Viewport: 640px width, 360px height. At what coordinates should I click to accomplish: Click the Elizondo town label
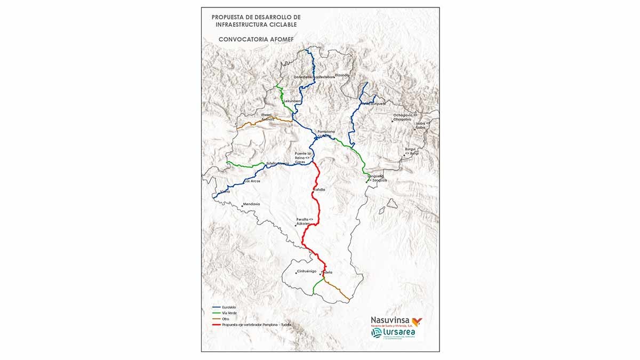pos(342,75)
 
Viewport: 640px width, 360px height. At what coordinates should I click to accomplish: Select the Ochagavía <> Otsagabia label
pos(405,117)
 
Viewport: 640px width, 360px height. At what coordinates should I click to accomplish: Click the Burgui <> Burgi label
pos(411,151)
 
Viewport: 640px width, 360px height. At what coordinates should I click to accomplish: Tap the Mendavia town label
pos(251,204)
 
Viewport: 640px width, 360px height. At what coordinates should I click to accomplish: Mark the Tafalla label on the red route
pos(318,189)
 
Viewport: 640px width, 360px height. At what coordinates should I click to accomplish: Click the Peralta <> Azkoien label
pos(307,221)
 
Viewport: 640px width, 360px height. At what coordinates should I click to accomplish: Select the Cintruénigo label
pos(307,272)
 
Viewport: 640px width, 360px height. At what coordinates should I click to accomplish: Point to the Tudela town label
pos(326,273)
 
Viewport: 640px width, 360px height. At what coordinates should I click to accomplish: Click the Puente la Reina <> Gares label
pos(302,157)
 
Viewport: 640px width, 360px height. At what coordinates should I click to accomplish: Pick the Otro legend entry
pos(225,318)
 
